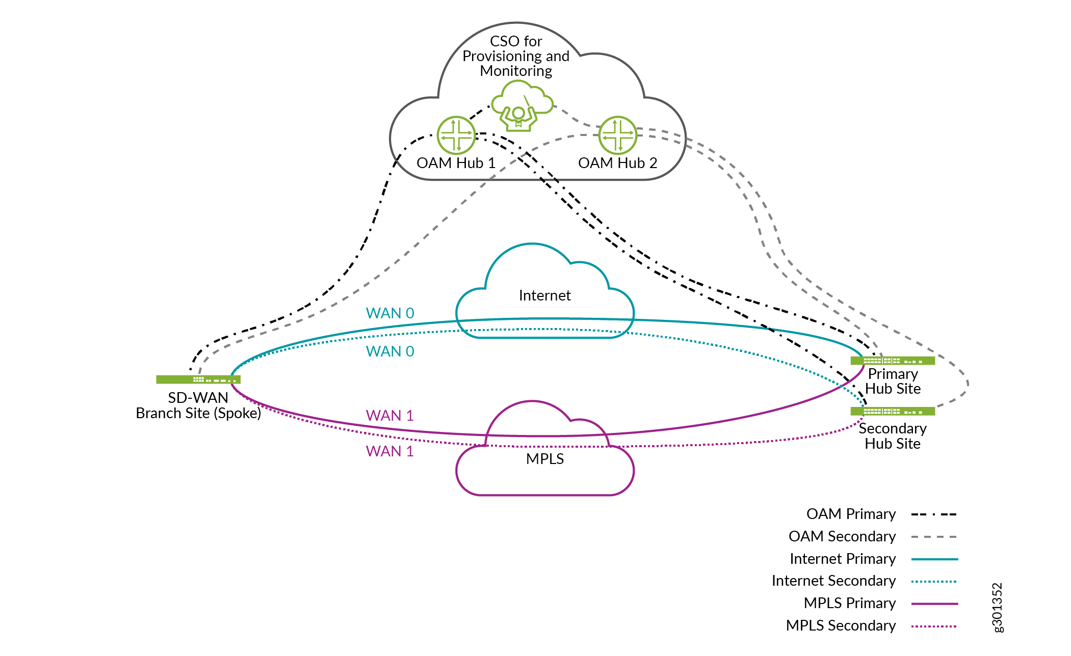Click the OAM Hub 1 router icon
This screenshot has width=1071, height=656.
[456, 135]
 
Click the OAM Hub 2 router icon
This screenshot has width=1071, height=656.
[617, 135]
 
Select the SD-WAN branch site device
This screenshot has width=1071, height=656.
[198, 379]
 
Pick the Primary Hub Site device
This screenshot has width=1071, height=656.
[893, 361]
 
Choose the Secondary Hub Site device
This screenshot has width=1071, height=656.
[893, 411]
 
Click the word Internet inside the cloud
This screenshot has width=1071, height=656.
[544, 295]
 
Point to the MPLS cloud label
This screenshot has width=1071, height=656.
[544, 459]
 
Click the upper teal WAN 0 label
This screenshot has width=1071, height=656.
[390, 313]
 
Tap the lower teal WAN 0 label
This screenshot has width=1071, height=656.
[390, 351]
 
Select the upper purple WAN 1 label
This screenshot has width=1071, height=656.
[390, 416]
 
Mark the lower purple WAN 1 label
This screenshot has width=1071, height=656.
[390, 451]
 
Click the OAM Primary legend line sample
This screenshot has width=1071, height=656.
[934, 514]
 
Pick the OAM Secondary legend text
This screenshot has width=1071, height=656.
[842, 536]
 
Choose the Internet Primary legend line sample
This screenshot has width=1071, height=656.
[934, 559]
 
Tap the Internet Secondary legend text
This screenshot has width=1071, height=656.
[833, 581]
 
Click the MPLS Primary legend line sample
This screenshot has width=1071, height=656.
[934, 604]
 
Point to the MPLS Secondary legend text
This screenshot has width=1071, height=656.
[841, 625]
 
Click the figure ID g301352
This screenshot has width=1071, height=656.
[997, 608]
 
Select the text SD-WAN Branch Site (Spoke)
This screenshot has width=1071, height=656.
[198, 405]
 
